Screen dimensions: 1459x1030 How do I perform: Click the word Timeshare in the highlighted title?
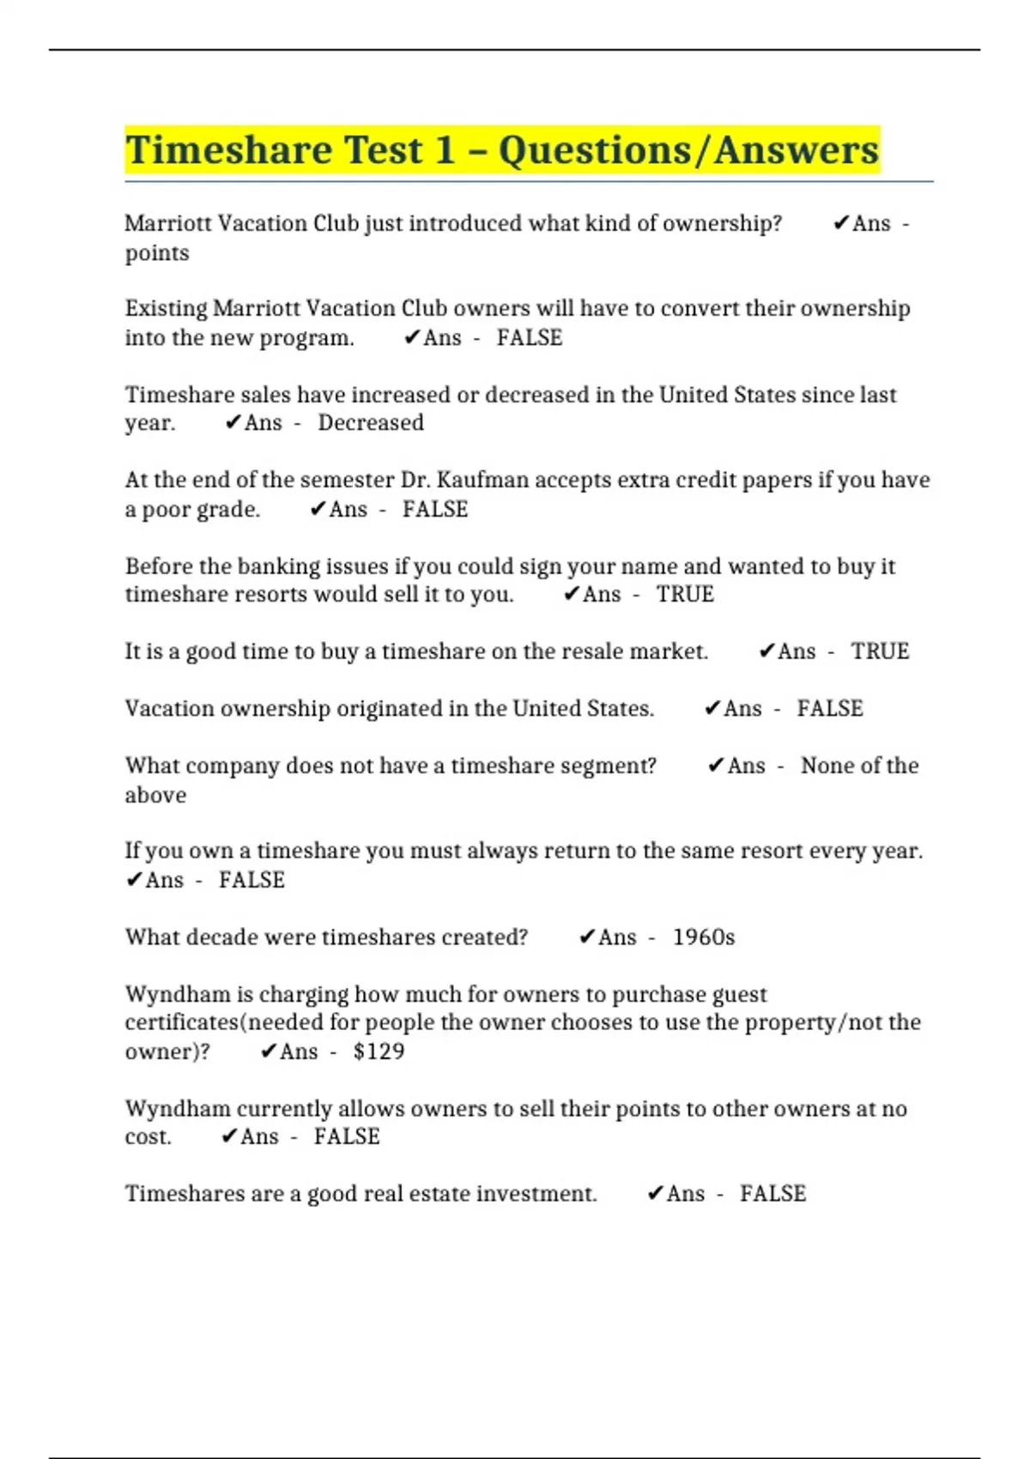pyautogui.click(x=228, y=150)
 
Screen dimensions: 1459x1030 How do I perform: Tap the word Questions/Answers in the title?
pyautogui.click(x=688, y=150)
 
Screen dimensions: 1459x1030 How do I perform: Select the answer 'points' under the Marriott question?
pyautogui.click(x=157, y=253)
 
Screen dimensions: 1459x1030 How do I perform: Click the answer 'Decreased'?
pyautogui.click(x=371, y=422)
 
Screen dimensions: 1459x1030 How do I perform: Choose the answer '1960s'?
pyautogui.click(x=704, y=937)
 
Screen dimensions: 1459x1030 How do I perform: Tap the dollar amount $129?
pyautogui.click(x=379, y=1051)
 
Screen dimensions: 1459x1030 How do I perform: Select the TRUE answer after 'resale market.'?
pyautogui.click(x=880, y=651)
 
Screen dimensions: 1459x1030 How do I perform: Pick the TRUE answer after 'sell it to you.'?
pyautogui.click(x=685, y=594)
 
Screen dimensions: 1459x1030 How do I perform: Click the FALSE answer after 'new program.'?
pyautogui.click(x=530, y=337)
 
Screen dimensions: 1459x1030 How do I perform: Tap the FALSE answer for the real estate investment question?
pyautogui.click(x=772, y=1194)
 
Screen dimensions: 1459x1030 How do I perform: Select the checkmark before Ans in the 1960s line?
pyautogui.click(x=587, y=937)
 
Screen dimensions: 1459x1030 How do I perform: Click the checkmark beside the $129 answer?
pyautogui.click(x=269, y=1051)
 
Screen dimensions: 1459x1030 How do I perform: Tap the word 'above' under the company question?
pyautogui.click(x=155, y=795)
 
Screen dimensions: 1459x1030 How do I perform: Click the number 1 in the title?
pyautogui.click(x=445, y=150)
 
